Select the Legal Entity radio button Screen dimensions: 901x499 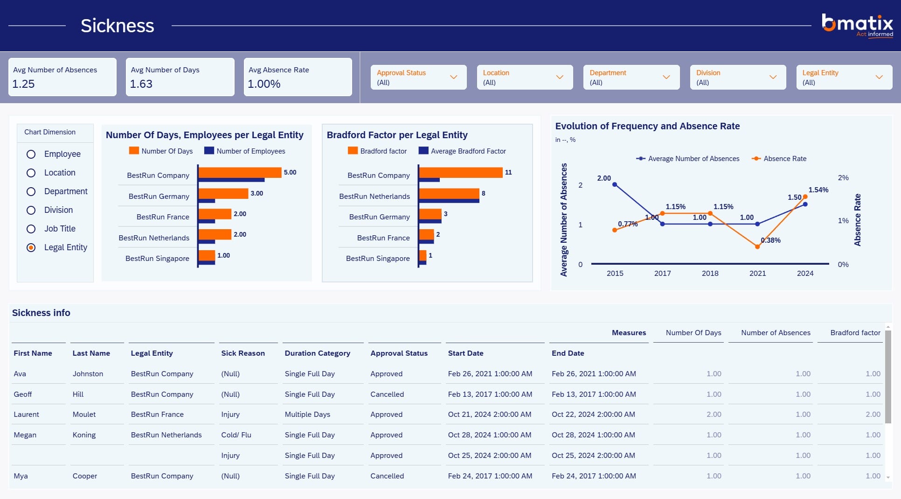coord(31,247)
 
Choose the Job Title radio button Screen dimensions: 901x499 coord(31,229)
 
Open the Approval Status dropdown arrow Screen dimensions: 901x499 coord(453,77)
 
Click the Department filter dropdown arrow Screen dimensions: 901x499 coord(666,77)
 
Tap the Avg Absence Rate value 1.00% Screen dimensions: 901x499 coord(264,84)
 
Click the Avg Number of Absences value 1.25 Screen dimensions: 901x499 coord(23,84)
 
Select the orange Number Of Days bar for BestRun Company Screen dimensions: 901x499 coord(240,172)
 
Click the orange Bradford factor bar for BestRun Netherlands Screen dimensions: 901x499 coord(449,193)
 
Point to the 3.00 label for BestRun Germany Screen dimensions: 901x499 coord(257,193)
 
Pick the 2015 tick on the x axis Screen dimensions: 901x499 coord(615,274)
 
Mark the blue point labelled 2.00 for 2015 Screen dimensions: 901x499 coord(615,185)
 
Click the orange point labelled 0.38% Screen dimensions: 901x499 coord(757,246)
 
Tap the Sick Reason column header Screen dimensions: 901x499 coord(243,353)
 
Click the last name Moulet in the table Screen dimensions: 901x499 coord(84,415)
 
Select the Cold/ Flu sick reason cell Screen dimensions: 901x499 coord(236,435)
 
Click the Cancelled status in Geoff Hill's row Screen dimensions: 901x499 coord(387,394)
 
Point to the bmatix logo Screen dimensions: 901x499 coord(857,25)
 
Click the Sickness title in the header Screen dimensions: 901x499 coord(118,26)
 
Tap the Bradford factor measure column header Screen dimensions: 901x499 coord(855,333)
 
